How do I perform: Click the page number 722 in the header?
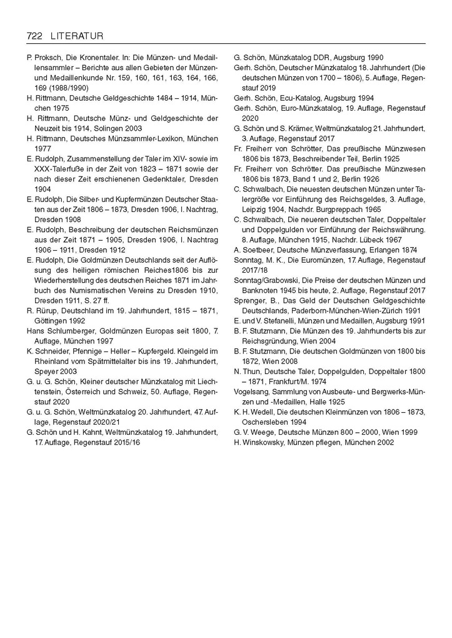click(34, 36)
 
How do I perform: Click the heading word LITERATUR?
click(75, 36)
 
